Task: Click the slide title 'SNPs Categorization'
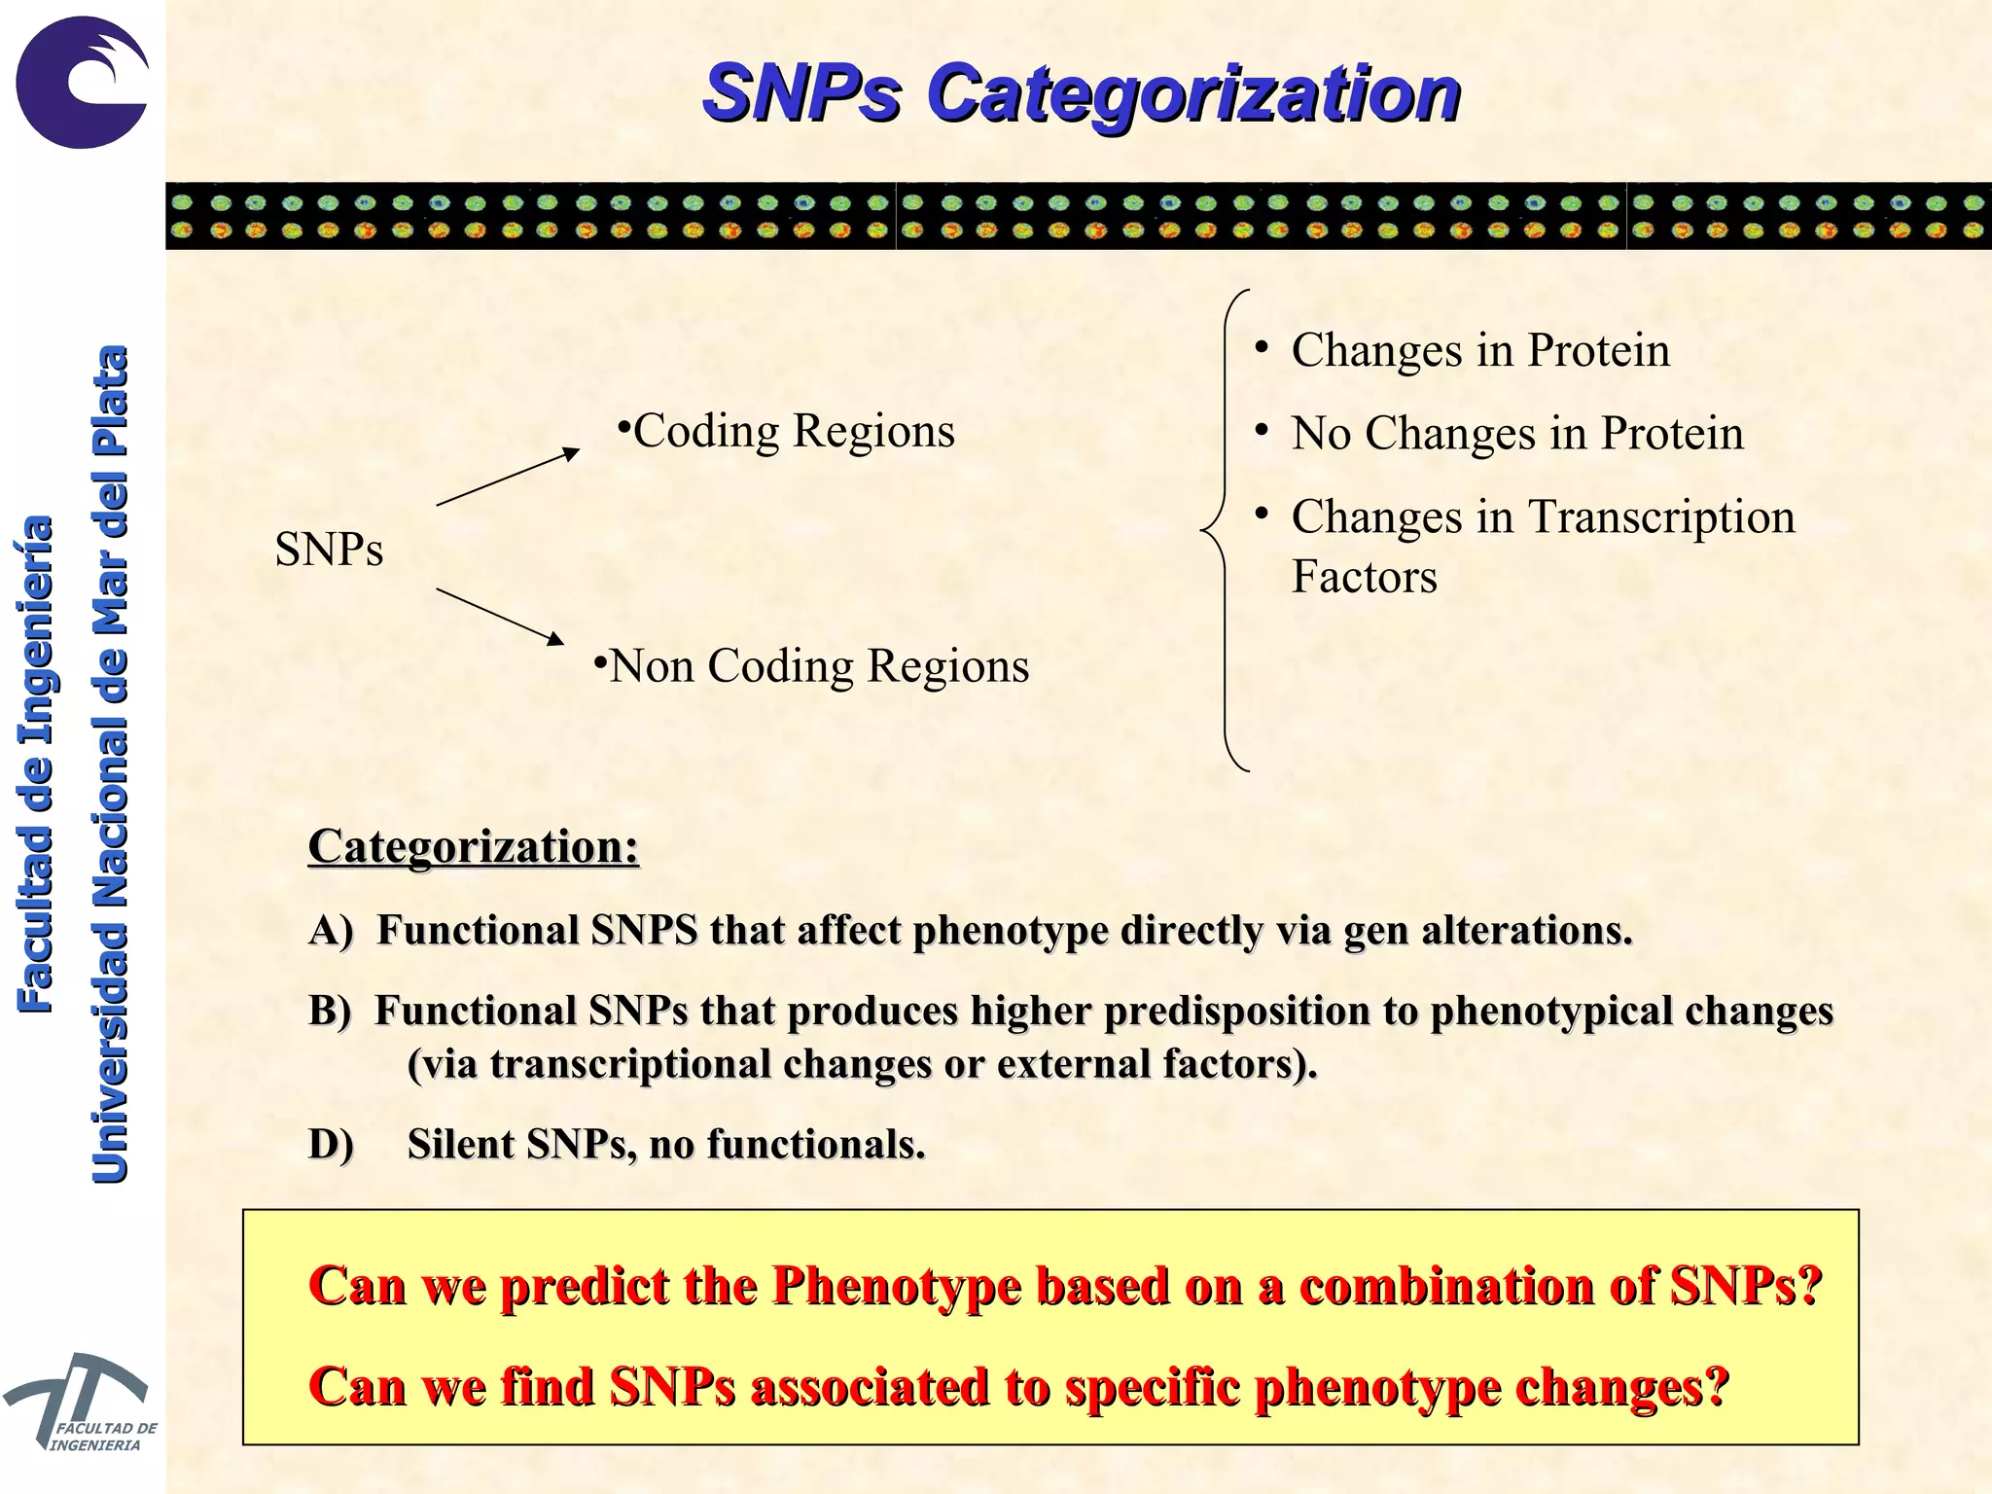1081,93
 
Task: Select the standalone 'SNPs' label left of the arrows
329,550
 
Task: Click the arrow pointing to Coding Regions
508,477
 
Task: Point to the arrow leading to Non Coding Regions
500,617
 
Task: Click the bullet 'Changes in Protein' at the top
1479,350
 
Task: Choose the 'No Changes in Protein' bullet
1516,433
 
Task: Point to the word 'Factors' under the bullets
1364,577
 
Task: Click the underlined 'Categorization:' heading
474,846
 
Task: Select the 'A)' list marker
331,931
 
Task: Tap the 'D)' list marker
331,1145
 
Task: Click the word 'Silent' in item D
461,1145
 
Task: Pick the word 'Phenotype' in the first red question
896,1286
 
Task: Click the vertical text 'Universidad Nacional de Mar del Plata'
110,764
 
